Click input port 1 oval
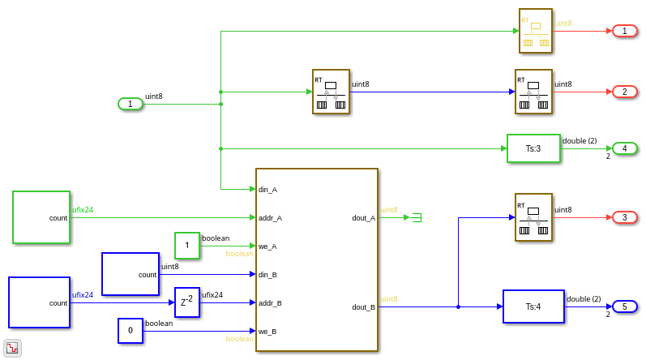point(130,104)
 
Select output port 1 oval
point(624,31)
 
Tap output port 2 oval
point(624,92)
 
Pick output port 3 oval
point(624,217)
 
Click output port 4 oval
point(624,148)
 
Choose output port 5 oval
point(624,306)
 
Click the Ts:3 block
point(533,148)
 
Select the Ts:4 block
point(533,306)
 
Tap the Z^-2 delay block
point(186,302)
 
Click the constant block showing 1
point(186,246)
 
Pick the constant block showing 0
point(130,331)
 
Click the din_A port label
point(268,190)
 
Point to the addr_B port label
point(270,303)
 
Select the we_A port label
point(268,246)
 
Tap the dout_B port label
point(363,307)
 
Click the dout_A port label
point(363,217)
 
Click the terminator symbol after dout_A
point(417,217)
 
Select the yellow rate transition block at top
point(536,31)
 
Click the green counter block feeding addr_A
point(41,217)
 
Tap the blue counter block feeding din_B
point(130,274)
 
